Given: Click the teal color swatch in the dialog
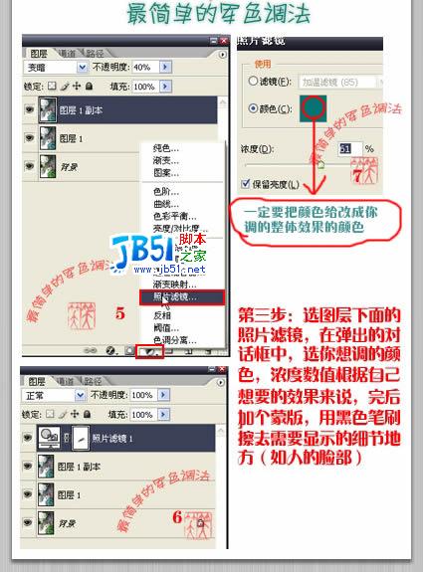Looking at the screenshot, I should coord(317,109).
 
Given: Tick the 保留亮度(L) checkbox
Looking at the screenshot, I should coord(246,183).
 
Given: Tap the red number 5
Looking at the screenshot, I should coord(119,314).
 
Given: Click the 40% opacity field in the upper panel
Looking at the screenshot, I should coord(144,68).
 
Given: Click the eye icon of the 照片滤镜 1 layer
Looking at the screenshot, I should coord(28,411).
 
